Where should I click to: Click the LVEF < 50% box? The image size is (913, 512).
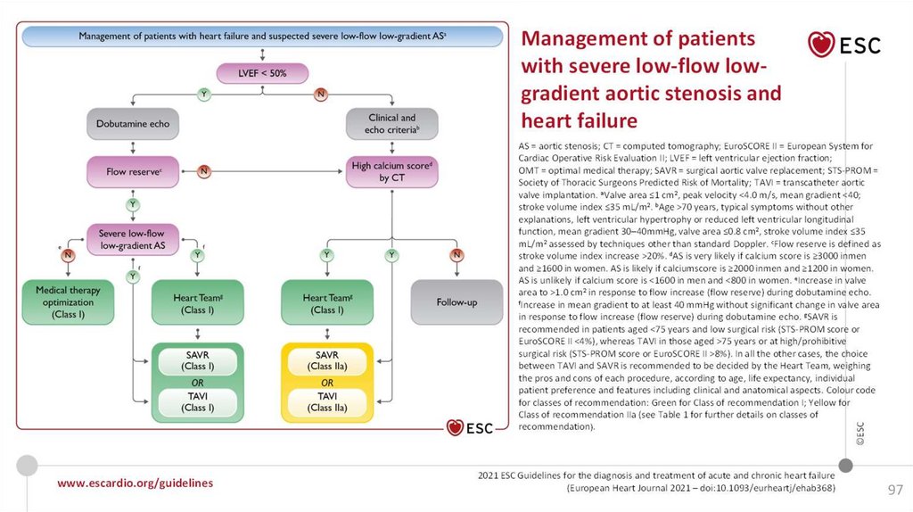(262, 73)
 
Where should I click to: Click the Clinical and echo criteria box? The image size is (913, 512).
(391, 123)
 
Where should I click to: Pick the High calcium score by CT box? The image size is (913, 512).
(391, 171)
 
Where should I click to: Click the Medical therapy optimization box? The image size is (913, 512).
(68, 302)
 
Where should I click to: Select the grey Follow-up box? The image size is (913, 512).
(456, 302)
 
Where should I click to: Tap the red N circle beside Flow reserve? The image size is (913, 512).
(203, 169)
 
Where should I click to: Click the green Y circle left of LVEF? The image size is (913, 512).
(204, 93)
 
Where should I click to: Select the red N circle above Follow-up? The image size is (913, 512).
(456, 255)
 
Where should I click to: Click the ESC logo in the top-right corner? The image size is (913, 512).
(843, 44)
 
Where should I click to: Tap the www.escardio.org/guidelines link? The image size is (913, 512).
(135, 483)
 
